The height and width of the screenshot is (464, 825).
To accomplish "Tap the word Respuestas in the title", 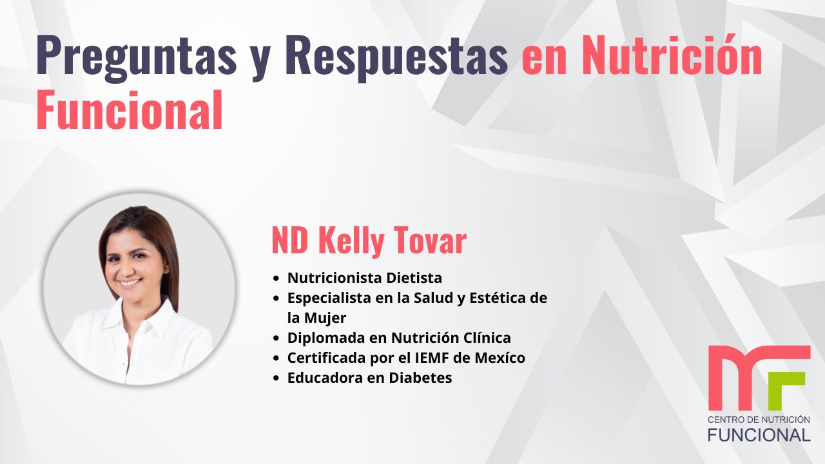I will (396, 55).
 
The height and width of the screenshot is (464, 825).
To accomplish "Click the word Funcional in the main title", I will (129, 110).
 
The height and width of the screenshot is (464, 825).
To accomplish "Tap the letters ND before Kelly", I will (291, 242).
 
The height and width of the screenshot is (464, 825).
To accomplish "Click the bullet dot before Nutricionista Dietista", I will (277, 279).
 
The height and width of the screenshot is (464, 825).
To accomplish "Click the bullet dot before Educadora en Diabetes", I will (277, 378).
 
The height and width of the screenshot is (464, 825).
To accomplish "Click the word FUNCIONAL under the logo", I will (759, 435).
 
